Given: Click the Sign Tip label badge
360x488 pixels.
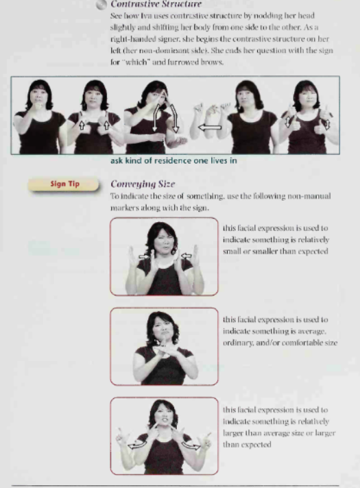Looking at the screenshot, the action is pos(64,184).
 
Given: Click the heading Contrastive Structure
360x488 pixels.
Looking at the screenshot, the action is pos(156,4).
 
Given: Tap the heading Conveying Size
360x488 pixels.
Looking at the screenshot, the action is pos(143,184).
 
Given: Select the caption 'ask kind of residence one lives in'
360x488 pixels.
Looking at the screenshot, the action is pos(173,160).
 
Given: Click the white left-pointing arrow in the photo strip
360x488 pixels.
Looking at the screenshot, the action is pos(210,127).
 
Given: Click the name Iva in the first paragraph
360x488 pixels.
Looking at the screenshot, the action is pos(145,16).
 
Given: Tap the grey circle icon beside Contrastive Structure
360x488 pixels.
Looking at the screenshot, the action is pos(101,5).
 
